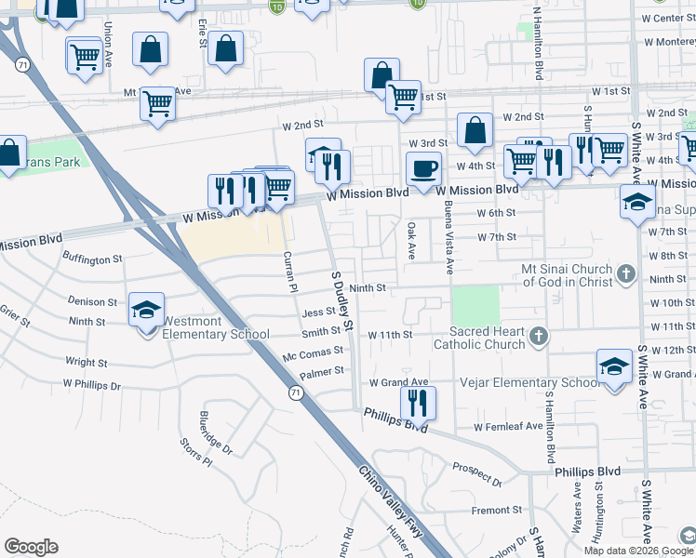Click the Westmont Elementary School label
coord(216,328)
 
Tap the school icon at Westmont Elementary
coord(147,310)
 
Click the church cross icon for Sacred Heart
coord(537,335)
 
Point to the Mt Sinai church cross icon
coord(626,273)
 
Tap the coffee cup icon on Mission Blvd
coord(423,169)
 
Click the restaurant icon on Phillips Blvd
coord(418,403)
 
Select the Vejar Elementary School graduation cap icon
coord(614,367)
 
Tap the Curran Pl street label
coord(289,272)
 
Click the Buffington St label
coord(92,259)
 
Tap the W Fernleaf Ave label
coord(507,427)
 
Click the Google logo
coord(32,547)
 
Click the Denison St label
coord(93,301)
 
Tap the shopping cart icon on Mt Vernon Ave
coord(158,103)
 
